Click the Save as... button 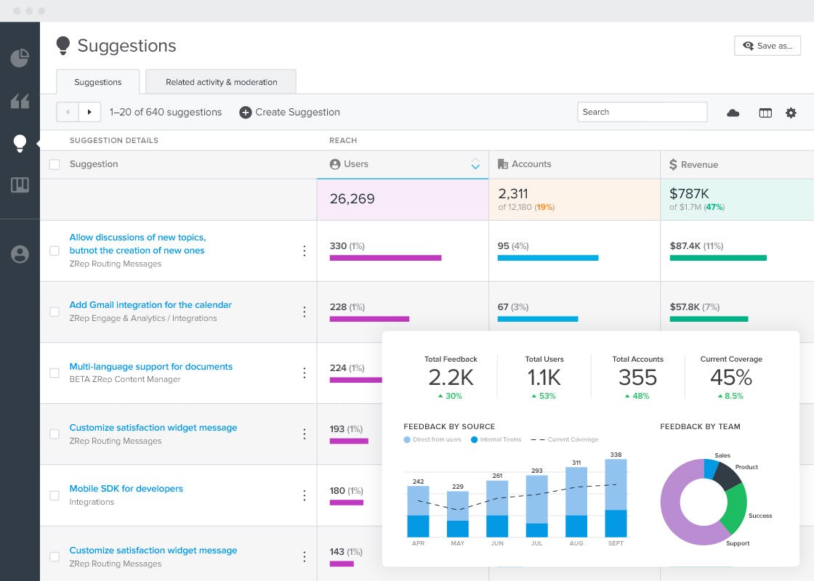(x=767, y=46)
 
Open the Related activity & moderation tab (x=221, y=82)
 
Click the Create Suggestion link (x=290, y=113)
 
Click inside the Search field (x=642, y=112)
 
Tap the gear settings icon (x=791, y=113)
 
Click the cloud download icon (x=733, y=113)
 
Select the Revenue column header (x=698, y=165)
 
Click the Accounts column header (x=531, y=164)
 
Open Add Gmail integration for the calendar (x=150, y=305)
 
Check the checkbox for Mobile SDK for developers (x=55, y=495)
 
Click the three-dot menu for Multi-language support (x=305, y=373)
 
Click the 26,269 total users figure (x=352, y=199)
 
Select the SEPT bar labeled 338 (x=616, y=497)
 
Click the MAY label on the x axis (x=457, y=543)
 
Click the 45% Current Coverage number (x=731, y=378)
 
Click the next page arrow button (x=89, y=112)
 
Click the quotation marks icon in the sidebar (x=20, y=102)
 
